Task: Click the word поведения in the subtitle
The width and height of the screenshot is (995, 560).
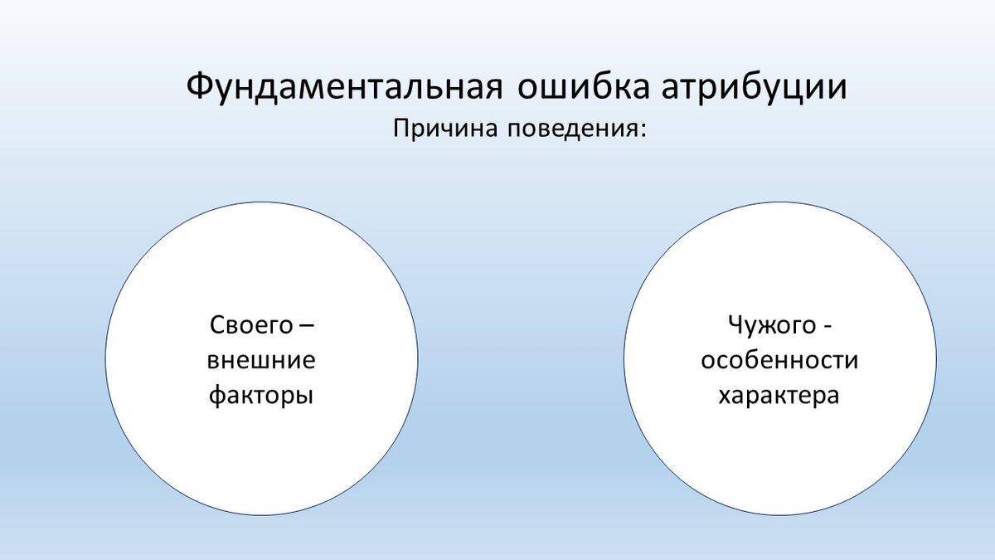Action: [573, 129]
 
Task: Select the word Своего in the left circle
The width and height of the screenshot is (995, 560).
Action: [251, 324]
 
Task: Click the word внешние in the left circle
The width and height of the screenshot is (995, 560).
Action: [261, 360]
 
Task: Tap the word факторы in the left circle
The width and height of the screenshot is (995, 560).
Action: [261, 396]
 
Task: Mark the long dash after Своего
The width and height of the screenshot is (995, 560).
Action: [307, 326]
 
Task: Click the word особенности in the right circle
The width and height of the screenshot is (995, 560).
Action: [779, 360]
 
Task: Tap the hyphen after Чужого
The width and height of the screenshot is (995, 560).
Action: [828, 327]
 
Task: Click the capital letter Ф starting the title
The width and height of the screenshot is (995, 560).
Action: [200, 85]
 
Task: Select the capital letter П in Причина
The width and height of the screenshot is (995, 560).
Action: [400, 129]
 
